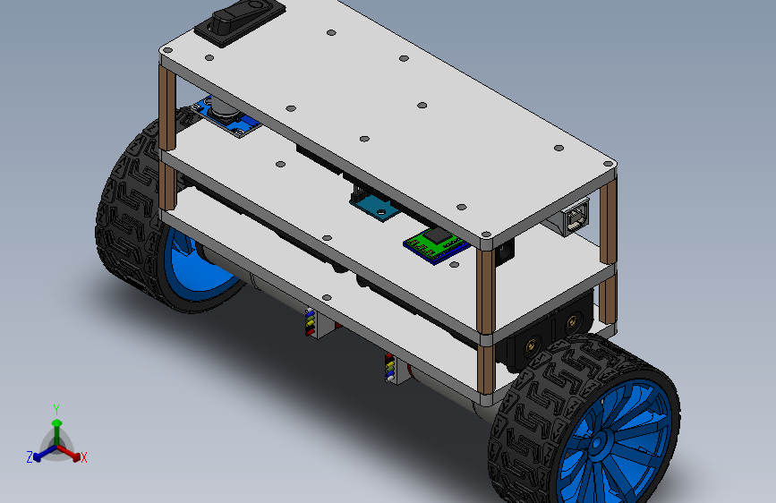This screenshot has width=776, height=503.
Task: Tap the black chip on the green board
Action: click(438, 235)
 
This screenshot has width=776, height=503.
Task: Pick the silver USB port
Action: click(576, 217)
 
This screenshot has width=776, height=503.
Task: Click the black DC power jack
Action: click(504, 251)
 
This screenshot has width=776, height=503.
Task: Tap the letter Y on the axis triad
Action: click(56, 410)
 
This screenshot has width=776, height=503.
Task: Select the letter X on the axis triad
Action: click(83, 458)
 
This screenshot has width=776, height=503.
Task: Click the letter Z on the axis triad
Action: click(30, 457)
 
